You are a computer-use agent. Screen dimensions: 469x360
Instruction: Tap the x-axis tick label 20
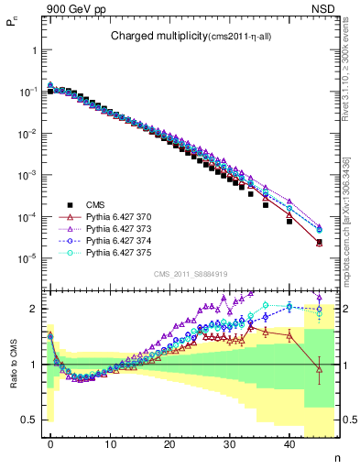[170, 444]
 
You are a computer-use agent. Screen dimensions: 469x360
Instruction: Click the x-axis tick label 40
[289, 444]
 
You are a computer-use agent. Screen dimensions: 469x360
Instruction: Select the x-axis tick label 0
[50, 444]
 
